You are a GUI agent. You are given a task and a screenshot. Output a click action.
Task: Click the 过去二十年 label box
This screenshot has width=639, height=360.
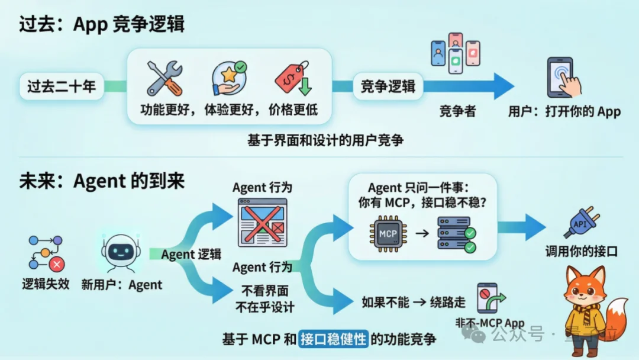[x=62, y=86]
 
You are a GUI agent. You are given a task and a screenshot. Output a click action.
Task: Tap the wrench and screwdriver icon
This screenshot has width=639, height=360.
[x=164, y=78]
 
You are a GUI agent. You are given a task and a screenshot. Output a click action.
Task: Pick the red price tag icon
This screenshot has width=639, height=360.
[x=293, y=78]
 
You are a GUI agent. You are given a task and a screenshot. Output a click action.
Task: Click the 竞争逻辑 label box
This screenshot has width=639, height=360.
[x=388, y=86]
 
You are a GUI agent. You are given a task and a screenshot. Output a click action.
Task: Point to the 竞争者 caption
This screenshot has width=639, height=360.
[x=457, y=111]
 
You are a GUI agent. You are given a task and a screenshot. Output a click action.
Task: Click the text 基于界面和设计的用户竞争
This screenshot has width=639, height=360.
[x=325, y=140]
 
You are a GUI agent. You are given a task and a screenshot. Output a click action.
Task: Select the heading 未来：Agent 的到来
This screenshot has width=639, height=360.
[x=102, y=181]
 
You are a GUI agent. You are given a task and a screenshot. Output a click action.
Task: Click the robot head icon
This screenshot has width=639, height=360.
[x=121, y=252]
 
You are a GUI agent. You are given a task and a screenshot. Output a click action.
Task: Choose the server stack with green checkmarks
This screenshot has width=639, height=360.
[x=456, y=234]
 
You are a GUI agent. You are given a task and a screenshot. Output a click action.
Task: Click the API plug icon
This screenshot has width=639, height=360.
[x=579, y=224]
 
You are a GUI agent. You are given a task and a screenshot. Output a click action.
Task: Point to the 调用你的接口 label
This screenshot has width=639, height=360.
[x=581, y=252]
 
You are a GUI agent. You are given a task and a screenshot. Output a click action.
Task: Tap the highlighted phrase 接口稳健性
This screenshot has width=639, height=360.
[x=334, y=339]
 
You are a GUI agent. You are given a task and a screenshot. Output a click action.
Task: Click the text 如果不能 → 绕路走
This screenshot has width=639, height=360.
[x=413, y=302]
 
